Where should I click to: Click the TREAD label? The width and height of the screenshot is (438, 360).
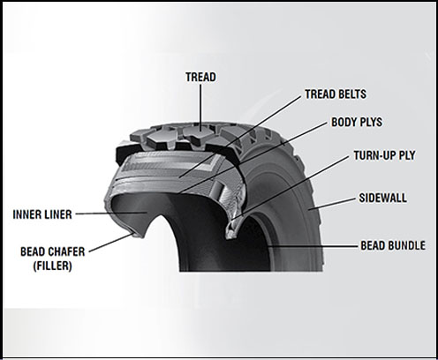click(x=200, y=77)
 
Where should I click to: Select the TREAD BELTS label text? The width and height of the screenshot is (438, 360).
click(x=336, y=94)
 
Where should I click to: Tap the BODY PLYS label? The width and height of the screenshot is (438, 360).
click(x=357, y=122)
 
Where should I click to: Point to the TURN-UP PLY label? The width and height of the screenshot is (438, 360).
click(x=384, y=155)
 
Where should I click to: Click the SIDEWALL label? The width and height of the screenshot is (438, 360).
click(x=382, y=198)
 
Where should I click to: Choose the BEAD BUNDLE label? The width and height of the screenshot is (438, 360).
click(x=393, y=245)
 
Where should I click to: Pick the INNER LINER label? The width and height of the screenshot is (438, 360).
click(x=42, y=214)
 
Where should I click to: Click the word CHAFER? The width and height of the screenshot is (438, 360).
click(x=66, y=251)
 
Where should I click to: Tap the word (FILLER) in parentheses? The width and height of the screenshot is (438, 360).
click(x=53, y=266)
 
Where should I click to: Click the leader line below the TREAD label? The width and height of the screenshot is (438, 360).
click(x=200, y=107)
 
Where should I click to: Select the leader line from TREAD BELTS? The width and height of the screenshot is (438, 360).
click(x=241, y=137)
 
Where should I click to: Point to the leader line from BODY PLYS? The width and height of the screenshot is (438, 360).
click(x=254, y=158)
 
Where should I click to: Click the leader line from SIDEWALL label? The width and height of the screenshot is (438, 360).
click(x=332, y=204)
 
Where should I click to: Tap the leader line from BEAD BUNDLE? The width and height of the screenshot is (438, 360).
click(x=313, y=246)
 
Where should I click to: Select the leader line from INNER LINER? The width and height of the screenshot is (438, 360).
click(x=111, y=213)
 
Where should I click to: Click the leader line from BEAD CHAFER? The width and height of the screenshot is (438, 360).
click(x=110, y=243)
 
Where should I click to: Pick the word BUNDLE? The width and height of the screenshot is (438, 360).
click(x=407, y=245)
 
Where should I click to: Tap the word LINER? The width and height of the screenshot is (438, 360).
click(x=58, y=214)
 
